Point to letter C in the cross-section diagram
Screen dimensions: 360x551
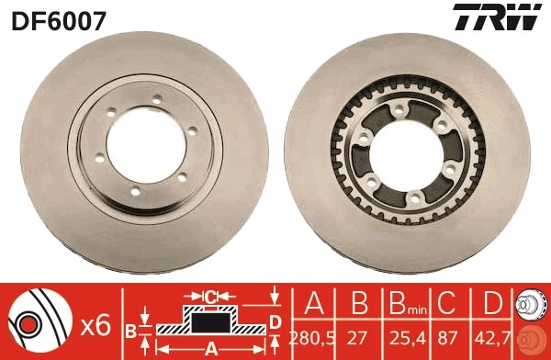coord(210,297)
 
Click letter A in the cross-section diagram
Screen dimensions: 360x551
coord(210,347)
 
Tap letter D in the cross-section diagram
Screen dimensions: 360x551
coord(275,321)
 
